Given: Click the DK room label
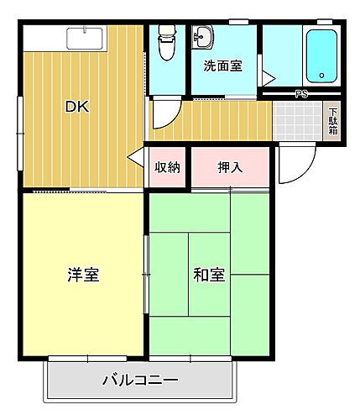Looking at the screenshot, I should coord(77,107).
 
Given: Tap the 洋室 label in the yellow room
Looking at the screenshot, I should coord(84,275).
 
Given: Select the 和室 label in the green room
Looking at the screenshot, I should coord(209,275).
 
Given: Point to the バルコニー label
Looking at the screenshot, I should coord(140,381).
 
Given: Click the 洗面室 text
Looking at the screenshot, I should coord(223,65).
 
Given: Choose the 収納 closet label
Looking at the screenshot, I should coord(167,167).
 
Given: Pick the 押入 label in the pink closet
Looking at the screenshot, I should coord(230,167).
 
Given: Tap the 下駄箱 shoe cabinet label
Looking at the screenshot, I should coord(333,122).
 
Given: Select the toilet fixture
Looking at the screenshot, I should coord(167,44).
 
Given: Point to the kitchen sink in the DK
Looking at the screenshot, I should coord(84,39).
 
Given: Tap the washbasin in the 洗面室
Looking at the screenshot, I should coord(202,37).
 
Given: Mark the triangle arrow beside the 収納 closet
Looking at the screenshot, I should coord(135,160).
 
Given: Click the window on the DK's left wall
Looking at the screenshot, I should coord(19,126).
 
